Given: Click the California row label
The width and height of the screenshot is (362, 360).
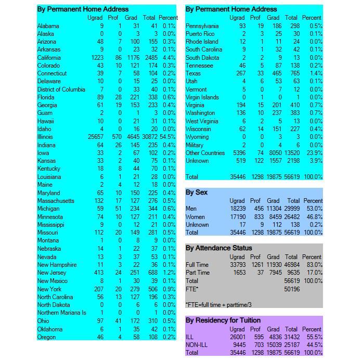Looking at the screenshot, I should [x=49, y=58].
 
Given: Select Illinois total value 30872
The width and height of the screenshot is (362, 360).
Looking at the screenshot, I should [x=149, y=137].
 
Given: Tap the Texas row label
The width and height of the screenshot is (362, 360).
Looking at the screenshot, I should [x=193, y=74].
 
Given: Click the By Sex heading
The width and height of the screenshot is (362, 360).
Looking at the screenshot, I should [x=197, y=192].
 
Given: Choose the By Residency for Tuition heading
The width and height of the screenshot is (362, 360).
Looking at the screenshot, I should [x=223, y=320].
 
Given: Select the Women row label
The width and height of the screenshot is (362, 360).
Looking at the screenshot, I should [x=196, y=217].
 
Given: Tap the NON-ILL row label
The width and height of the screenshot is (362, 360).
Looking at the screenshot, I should [x=197, y=344].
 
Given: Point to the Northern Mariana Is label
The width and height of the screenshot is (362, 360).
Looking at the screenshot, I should [x=62, y=313].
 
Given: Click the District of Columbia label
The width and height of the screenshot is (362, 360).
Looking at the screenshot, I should [x=61, y=89].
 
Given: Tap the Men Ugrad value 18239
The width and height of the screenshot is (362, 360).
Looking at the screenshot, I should [x=236, y=209].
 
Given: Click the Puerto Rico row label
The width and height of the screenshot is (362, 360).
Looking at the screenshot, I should [x=200, y=34].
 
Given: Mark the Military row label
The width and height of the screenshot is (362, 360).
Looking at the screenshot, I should [x=195, y=145].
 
